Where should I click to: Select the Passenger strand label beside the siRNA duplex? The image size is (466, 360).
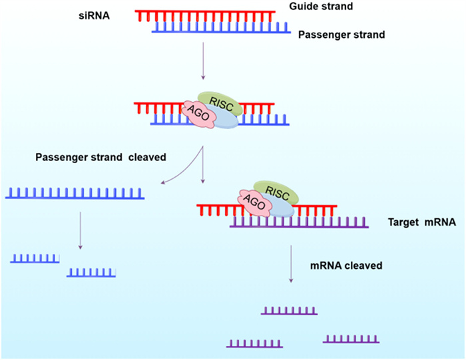(x=342, y=35)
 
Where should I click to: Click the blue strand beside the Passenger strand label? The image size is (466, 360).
(x=220, y=28)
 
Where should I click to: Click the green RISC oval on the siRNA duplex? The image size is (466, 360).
(x=220, y=100)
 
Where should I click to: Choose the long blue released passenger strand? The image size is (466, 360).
(x=75, y=194)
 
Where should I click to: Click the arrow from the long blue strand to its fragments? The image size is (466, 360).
(x=80, y=230)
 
